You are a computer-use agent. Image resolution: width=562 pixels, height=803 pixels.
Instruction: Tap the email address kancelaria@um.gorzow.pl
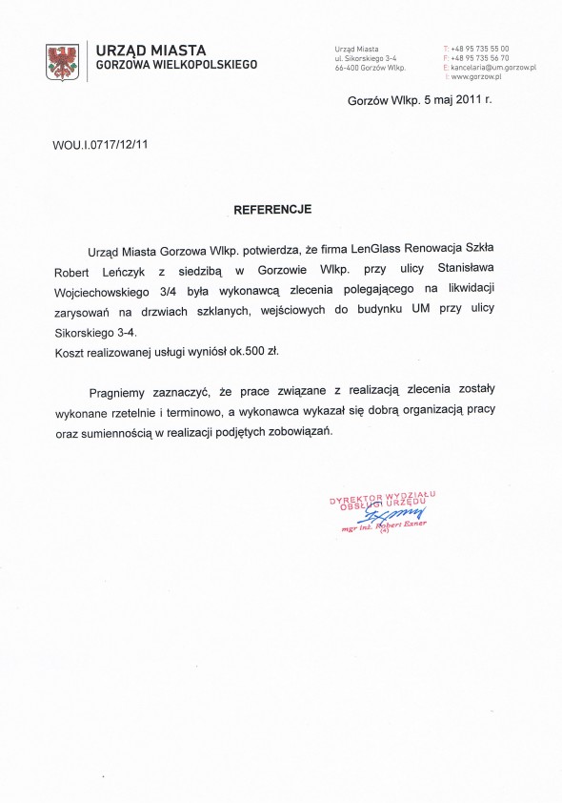[493, 68]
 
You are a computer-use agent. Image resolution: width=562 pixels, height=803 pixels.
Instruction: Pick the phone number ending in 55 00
[480, 48]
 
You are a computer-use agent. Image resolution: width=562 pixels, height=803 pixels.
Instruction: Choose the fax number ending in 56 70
[480, 57]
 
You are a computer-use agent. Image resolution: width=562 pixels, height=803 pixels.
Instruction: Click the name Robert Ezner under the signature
[405, 525]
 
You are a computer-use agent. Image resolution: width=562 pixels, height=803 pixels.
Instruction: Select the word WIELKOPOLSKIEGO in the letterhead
[208, 65]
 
